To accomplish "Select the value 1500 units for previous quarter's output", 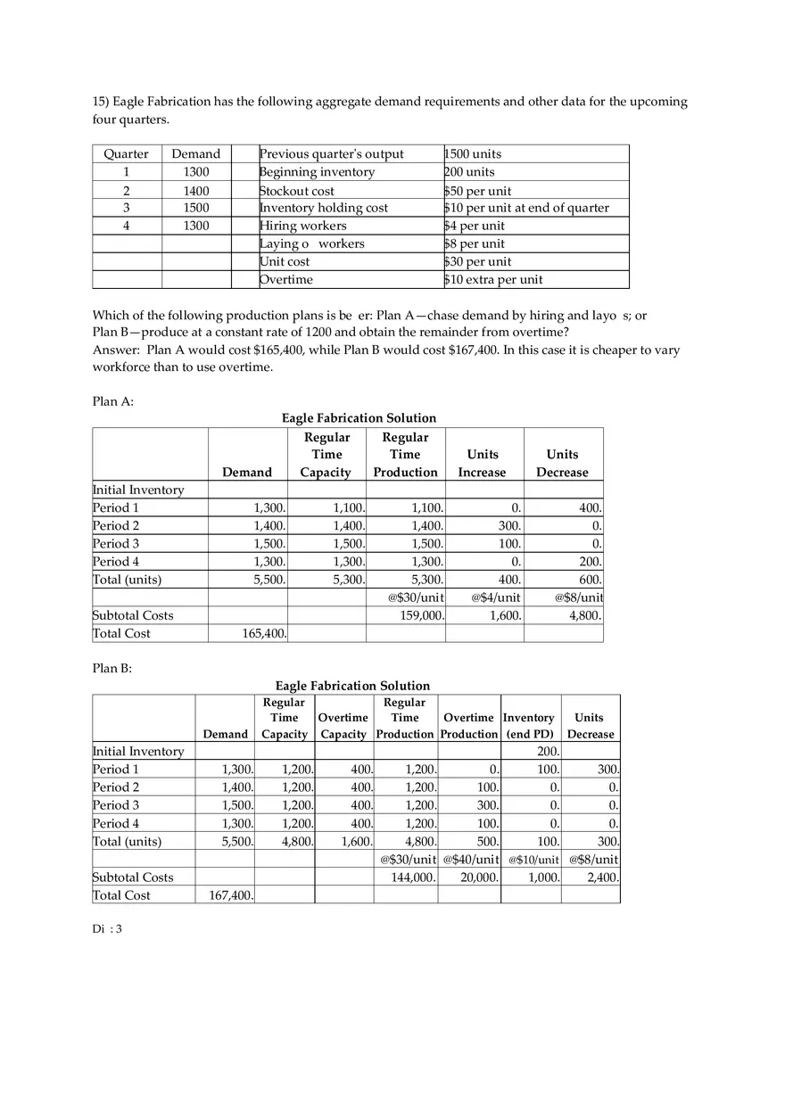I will (473, 154).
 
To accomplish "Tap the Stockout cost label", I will (297, 191).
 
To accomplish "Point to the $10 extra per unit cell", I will (493, 280).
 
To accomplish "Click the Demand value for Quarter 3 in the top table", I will (195, 208).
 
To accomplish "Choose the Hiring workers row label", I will (303, 227).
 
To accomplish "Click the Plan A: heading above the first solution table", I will (113, 401).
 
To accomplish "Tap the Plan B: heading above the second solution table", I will (112, 669).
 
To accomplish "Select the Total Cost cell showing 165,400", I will (265, 634).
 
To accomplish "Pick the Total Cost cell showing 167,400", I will (232, 895).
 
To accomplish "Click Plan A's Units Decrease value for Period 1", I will (590, 508).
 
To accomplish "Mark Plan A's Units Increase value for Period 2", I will (509, 526).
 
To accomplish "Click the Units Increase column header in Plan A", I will (483, 463).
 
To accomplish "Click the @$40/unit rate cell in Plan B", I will (469, 860).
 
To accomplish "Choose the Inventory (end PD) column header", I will (530, 726).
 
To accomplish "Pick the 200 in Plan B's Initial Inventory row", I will (548, 752).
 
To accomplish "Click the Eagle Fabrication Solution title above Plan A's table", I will (359, 418).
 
